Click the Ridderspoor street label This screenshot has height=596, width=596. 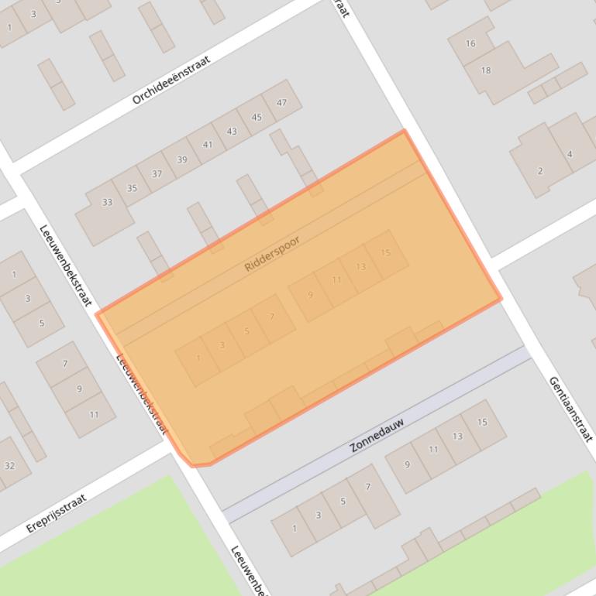click(271, 253)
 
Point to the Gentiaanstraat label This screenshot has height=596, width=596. click(570, 408)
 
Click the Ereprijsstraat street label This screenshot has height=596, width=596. click(55, 512)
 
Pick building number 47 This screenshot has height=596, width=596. click(281, 102)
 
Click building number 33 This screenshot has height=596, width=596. click(107, 203)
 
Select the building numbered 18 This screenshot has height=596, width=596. click(486, 70)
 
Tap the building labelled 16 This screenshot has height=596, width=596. click(470, 43)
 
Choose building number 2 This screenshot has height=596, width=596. click(540, 171)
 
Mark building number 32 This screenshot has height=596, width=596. click(9, 466)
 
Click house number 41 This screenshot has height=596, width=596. click(207, 145)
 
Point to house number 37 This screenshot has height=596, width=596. click(157, 174)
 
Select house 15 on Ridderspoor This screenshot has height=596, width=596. click(385, 252)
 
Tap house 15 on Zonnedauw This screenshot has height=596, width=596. click(482, 423)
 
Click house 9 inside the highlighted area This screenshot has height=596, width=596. click(311, 295)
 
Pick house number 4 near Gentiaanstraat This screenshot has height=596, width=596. click(570, 154)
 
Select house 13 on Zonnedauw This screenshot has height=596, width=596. click(457, 437)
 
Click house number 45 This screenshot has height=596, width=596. click(257, 118)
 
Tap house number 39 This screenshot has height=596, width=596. click(182, 159)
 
